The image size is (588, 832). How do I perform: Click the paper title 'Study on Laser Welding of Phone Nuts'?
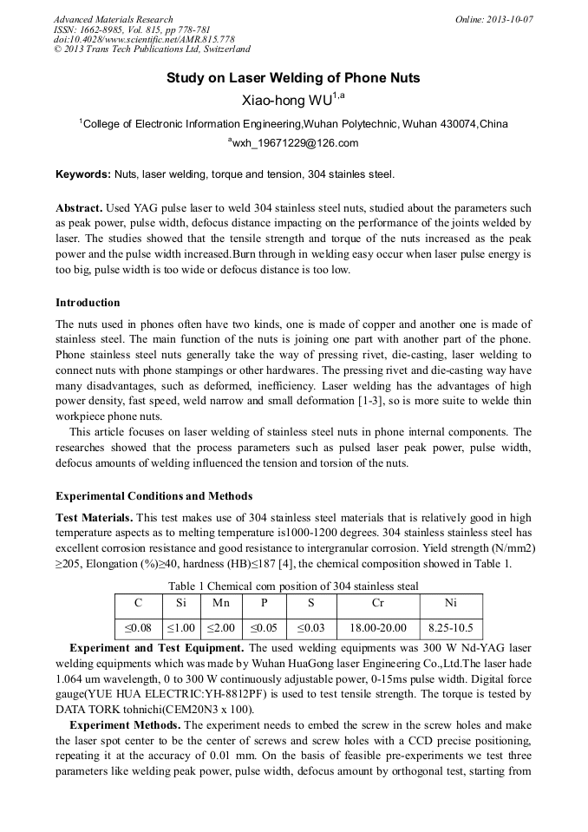point(293,78)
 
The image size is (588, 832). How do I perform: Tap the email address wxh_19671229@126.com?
point(293,143)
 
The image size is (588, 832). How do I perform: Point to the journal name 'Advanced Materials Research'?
point(114,19)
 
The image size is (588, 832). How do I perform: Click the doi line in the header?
point(144,39)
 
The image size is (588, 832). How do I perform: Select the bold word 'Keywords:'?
point(83,174)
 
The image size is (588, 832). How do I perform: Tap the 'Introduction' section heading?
point(88,303)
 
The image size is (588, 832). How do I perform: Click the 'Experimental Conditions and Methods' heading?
point(154,496)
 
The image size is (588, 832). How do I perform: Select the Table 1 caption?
point(293,586)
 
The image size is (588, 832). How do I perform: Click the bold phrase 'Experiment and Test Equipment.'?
point(157,648)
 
